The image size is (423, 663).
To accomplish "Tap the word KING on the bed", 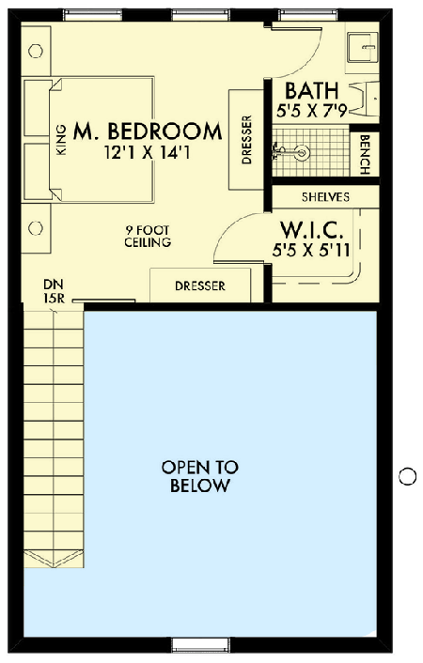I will coord(61,140).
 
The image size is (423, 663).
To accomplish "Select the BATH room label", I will coord(310,91).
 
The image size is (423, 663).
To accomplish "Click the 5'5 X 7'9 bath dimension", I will coord(311,111).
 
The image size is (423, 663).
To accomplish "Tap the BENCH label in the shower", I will coord(365,152).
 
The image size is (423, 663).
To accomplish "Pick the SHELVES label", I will coord(325,197).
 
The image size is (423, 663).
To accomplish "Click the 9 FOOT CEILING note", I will coord(148,236).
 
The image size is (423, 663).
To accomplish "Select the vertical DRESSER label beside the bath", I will coord(247,139).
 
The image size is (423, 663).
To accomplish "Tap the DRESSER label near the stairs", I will coord(200,285).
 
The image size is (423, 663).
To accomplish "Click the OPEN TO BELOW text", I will coord(199,476).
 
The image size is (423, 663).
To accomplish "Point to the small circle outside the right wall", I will coord(407,476).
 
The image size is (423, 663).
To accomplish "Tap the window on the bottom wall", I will coord(199,644).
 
